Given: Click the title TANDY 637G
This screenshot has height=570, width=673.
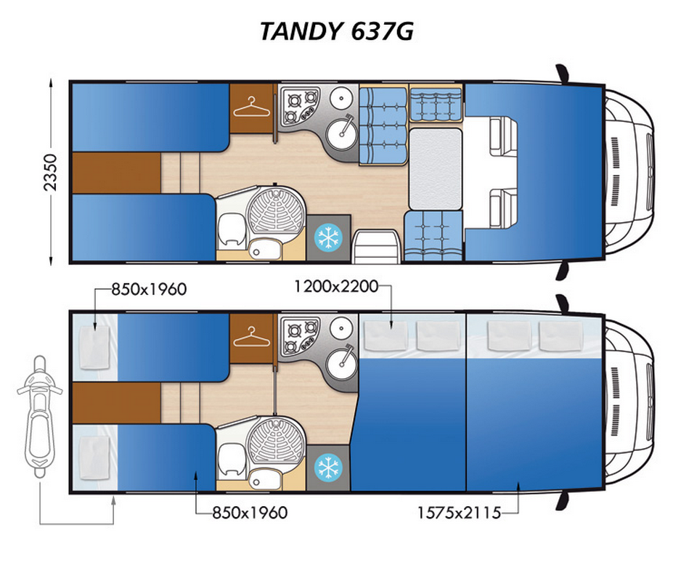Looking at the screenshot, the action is pyautogui.click(x=337, y=31).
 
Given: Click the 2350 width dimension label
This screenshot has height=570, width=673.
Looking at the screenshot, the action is pyautogui.click(x=50, y=171).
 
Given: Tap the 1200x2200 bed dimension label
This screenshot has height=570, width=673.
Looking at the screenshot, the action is pyautogui.click(x=336, y=286).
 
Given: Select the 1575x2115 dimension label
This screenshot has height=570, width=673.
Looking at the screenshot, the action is pyautogui.click(x=460, y=513).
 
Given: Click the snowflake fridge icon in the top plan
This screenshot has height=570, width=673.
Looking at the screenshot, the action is pyautogui.click(x=328, y=237).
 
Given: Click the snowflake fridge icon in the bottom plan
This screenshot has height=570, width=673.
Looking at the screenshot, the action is pyautogui.click(x=328, y=468).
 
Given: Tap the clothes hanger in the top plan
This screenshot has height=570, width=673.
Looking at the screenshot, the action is pyautogui.click(x=251, y=107).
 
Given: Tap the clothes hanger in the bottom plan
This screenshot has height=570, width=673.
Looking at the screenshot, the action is pyautogui.click(x=251, y=338).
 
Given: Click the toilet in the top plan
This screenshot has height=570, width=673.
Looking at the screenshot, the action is pyautogui.click(x=232, y=230).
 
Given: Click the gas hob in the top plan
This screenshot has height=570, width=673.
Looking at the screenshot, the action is pyautogui.click(x=300, y=106).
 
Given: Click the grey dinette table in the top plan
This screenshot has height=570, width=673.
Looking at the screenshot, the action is pyautogui.click(x=435, y=169).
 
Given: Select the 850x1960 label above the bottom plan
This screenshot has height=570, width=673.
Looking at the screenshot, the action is pyautogui.click(x=149, y=289).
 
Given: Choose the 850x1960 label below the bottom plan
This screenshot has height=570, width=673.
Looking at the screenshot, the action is pyautogui.click(x=250, y=513).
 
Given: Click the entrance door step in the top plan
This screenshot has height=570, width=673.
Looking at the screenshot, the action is pyautogui.click(x=376, y=246).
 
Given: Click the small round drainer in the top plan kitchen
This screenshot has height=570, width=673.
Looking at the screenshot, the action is pyautogui.click(x=342, y=98).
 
